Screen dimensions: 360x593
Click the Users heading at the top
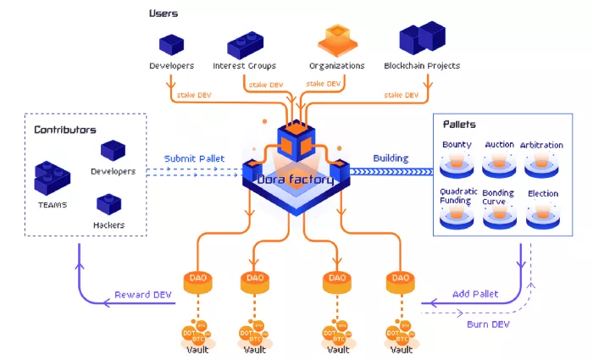point(163,14)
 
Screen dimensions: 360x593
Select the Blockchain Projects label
point(421,65)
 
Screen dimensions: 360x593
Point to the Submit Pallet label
point(195,158)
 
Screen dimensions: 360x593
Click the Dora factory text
point(296,180)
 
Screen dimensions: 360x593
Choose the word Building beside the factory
point(391,158)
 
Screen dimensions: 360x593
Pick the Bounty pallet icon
point(457,163)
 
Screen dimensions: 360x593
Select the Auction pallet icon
point(500,163)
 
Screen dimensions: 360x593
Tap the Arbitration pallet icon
point(542,163)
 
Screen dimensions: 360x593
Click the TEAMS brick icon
point(53,176)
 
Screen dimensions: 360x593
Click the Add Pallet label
point(474,293)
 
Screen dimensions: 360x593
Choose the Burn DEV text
point(489,324)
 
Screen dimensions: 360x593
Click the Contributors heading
point(64,130)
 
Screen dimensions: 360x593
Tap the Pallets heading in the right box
point(459,125)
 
